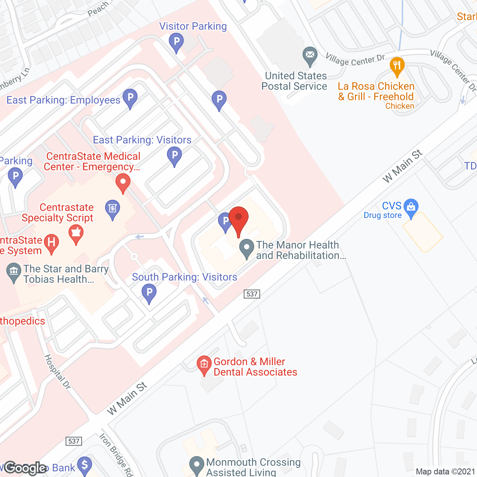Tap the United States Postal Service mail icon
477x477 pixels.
pyautogui.click(x=310, y=55)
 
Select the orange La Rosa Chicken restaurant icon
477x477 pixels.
pyautogui.click(x=397, y=66)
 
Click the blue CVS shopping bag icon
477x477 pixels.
pyautogui.click(x=411, y=207)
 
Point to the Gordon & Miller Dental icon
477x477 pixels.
pyautogui.click(x=204, y=364)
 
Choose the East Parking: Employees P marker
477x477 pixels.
pyautogui.click(x=130, y=98)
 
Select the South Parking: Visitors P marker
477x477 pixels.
pyautogui.click(x=149, y=292)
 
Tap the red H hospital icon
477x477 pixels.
pyautogui.click(x=51, y=243)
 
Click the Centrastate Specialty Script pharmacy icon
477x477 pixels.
pyautogui.click(x=76, y=233)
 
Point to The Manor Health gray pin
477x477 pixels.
pyautogui.click(x=246, y=247)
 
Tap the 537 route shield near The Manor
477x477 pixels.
pyautogui.click(x=252, y=294)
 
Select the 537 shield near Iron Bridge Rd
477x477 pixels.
pyautogui.click(x=74, y=441)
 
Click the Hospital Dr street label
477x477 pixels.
pyautogui.click(x=57, y=372)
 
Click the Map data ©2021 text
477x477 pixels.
pyautogui.click(x=445, y=472)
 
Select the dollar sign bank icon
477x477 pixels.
pyautogui.click(x=85, y=465)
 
